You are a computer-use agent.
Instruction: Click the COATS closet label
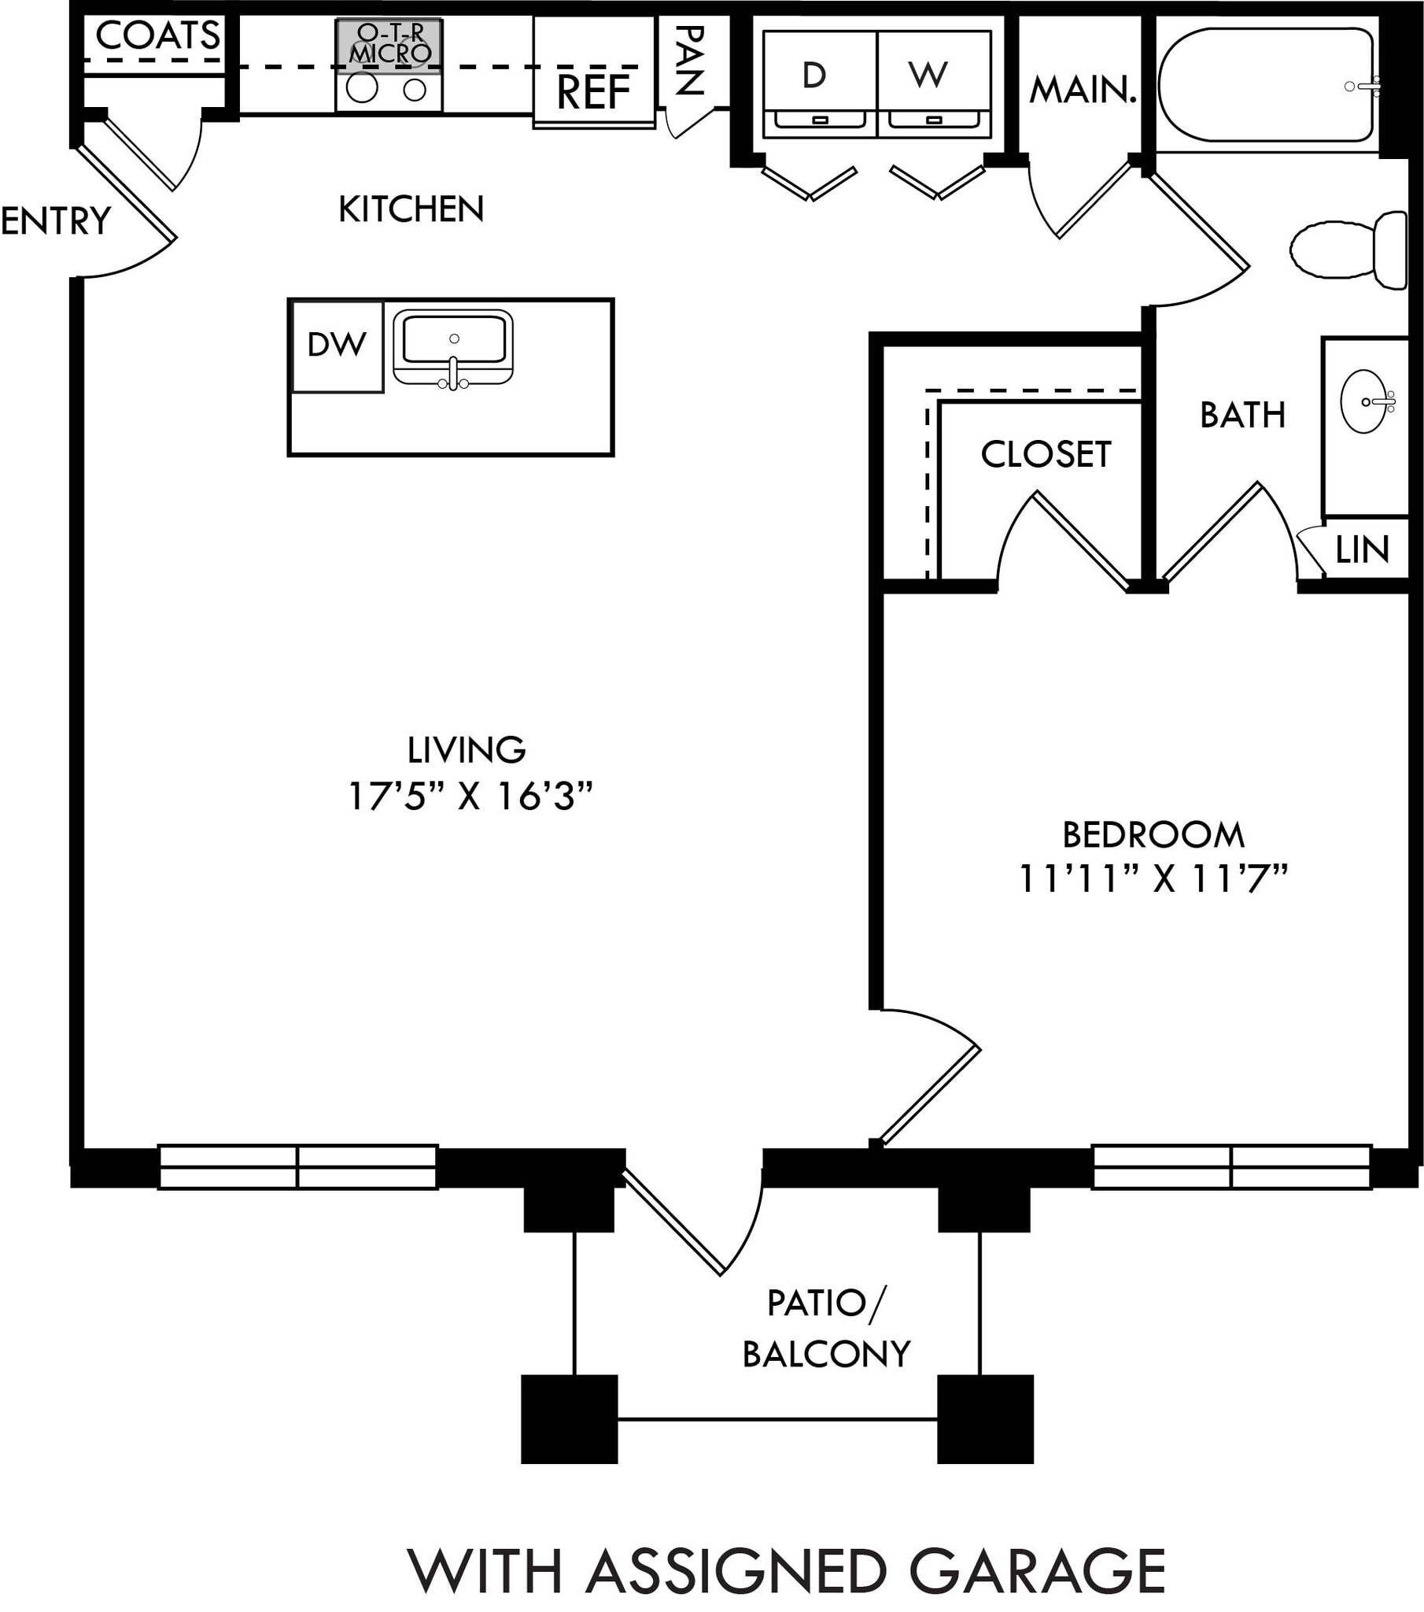[157, 36]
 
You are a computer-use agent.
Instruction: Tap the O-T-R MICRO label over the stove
[390, 43]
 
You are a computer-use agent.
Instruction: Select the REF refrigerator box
[594, 91]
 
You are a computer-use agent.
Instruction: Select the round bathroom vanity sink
[1364, 401]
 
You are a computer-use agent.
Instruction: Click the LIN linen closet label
[1362, 549]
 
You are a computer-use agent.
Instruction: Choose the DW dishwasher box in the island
[337, 345]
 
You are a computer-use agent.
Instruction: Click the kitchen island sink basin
[453, 340]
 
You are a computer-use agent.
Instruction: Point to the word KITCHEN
[411, 209]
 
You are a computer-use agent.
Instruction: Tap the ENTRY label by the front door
[55, 221]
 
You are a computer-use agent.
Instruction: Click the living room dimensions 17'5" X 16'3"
[469, 797]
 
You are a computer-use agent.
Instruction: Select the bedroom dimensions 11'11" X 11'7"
[1153, 878]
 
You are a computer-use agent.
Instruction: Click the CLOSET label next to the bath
[1046, 454]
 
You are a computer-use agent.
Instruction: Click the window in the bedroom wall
[1230, 1166]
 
